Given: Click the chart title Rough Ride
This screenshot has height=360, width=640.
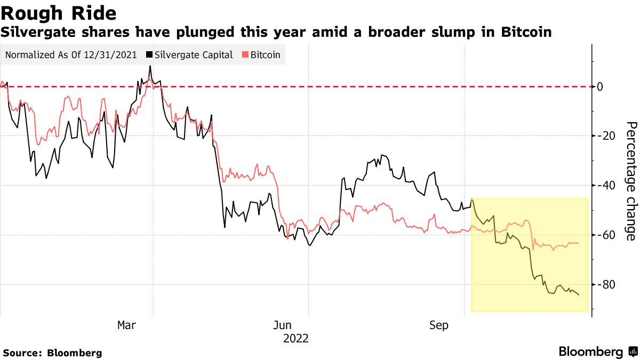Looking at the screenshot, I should pos(59,13).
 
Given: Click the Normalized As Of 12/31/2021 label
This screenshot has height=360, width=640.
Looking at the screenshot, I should pos(71,55).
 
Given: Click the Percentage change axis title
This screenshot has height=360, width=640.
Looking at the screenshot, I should pos(631,181).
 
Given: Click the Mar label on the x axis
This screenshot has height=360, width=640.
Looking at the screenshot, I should pos(126,325).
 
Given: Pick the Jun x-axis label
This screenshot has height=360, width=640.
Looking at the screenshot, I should pos(282,325).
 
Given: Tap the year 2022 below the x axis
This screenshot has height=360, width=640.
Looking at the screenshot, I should pos(296,338).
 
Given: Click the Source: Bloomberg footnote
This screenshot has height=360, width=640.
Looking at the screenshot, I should pos(52,353).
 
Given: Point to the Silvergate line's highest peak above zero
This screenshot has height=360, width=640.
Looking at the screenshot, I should pos(150,66).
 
